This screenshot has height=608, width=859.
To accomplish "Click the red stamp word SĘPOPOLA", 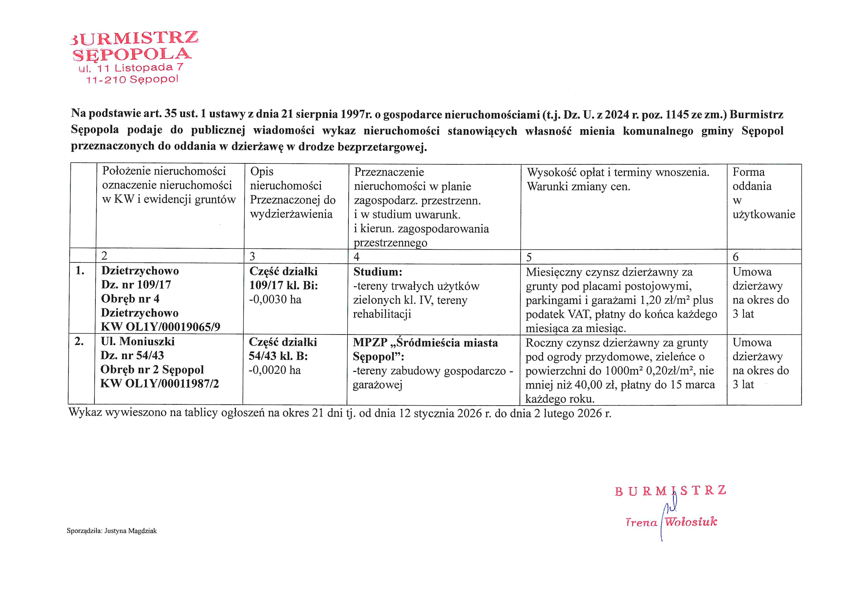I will [x=132, y=55].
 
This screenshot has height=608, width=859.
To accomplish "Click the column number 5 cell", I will [x=529, y=257].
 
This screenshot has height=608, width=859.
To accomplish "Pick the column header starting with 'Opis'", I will [x=262, y=171].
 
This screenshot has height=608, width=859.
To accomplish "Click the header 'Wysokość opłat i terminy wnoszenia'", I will [x=618, y=172].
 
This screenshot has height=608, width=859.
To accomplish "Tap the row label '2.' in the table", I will [x=79, y=342].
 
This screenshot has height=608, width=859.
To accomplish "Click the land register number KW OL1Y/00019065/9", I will [x=160, y=327].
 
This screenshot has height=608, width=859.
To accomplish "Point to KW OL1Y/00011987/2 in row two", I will [x=159, y=384].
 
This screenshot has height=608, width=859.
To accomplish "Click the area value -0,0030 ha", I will [x=275, y=300].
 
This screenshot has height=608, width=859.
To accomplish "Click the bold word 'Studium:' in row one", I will [x=377, y=272].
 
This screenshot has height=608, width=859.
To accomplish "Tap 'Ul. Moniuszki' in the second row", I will [x=138, y=342].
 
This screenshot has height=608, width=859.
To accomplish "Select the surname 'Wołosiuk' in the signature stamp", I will [x=691, y=522].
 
